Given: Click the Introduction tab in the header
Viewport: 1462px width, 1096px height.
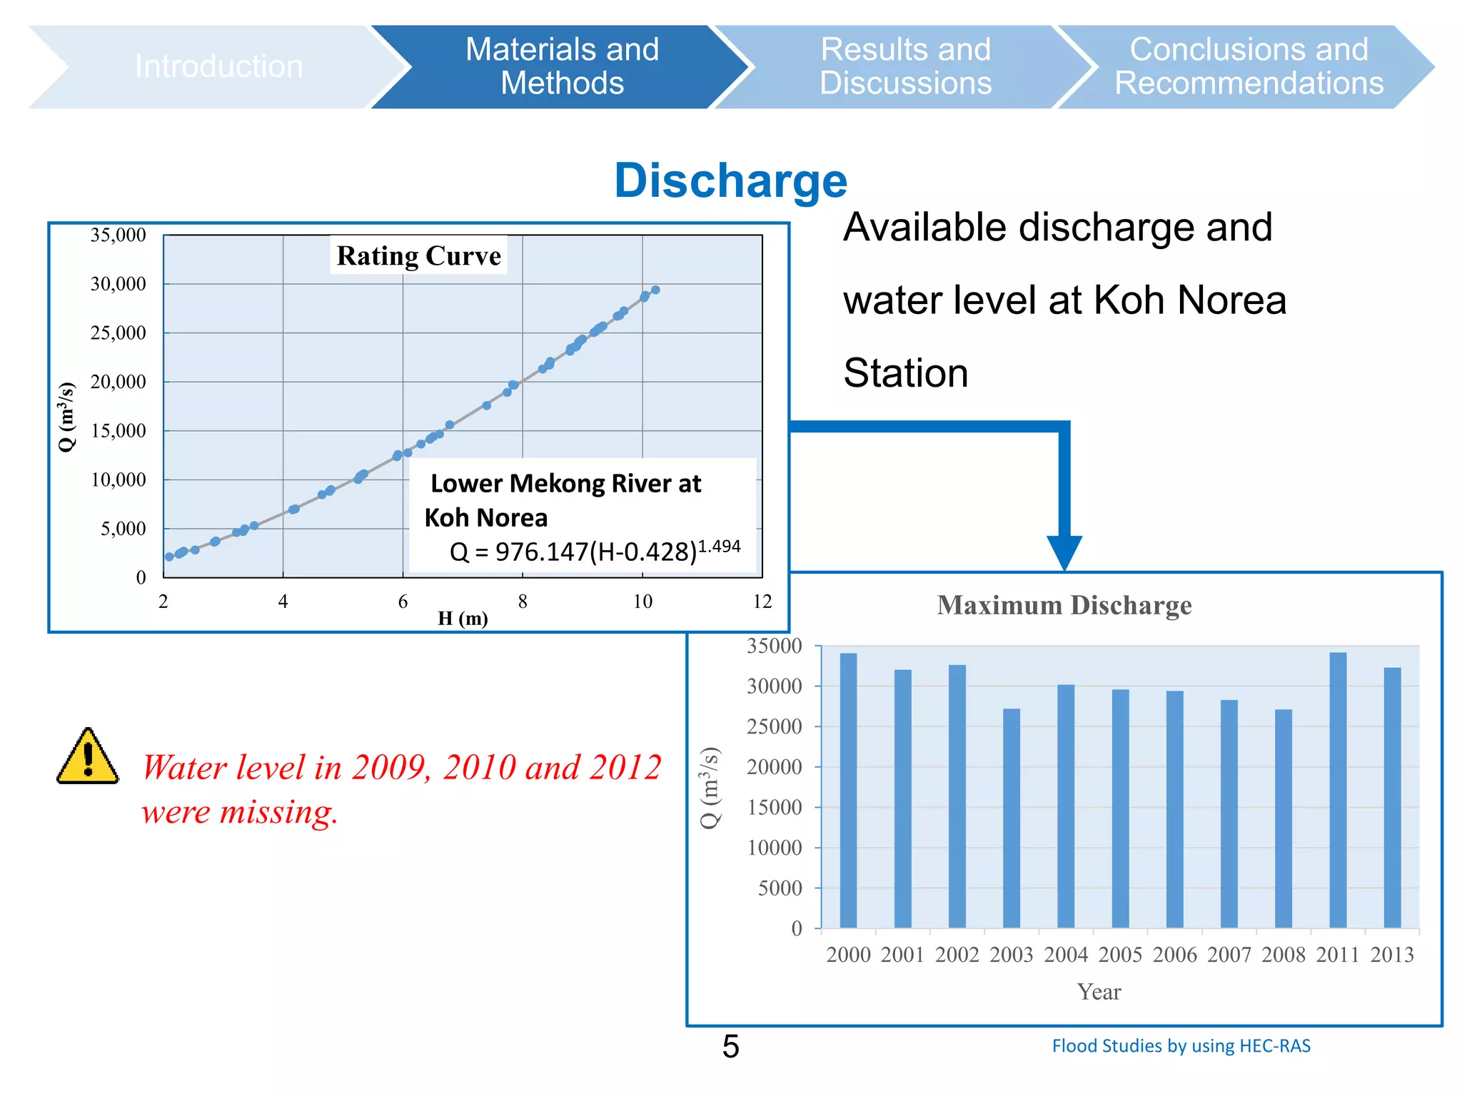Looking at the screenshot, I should coord(218,66).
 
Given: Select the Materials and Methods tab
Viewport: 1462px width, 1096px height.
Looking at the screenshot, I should coord(562,66).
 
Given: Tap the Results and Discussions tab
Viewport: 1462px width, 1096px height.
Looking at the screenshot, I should coord(905,66).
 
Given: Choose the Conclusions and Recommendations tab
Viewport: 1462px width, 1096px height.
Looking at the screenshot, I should coord(1249,66).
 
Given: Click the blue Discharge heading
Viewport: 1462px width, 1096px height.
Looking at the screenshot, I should coord(730,181).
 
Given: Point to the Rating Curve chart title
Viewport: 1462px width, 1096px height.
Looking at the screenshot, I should coord(419,255).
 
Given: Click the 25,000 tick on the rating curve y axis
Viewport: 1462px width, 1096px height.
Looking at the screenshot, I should coord(119,333).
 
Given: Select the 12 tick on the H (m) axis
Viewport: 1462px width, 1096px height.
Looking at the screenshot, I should coord(762,602).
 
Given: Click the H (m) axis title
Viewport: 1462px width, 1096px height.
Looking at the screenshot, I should coord(463,618).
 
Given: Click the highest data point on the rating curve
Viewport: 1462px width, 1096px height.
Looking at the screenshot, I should coord(655,290).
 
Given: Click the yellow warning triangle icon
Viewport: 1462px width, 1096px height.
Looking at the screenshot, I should coord(88,758).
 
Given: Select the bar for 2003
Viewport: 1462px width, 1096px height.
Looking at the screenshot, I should coord(1011,818).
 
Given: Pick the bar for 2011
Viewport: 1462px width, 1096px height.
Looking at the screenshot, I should coord(1338,790).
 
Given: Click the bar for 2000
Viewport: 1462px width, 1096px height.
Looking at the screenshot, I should coord(848,790).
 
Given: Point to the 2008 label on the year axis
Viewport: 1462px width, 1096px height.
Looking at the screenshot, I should coord(1283,955).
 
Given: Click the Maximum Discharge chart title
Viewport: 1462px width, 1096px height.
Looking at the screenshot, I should coord(1064,605).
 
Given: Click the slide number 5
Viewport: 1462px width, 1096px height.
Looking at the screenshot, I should coord(730,1047).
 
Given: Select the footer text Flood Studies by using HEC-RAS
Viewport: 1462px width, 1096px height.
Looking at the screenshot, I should coord(1181,1046).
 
